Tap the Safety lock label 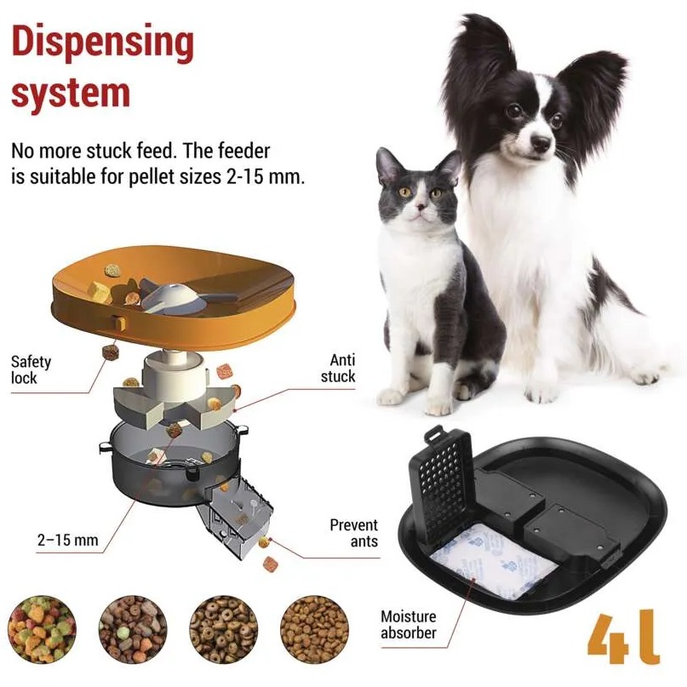coord(31,369)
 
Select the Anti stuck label coord(338,368)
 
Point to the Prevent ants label coord(354,532)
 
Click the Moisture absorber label coord(409,624)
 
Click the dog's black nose coord(541,142)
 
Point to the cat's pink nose coord(421,205)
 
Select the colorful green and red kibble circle coord(42,629)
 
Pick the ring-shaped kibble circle coord(223,629)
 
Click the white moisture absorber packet coord(493,561)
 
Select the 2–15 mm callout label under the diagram coord(67,540)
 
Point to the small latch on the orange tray coord(118,323)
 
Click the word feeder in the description coord(244,152)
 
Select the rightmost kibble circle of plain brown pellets coord(314,629)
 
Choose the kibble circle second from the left coord(133,629)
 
